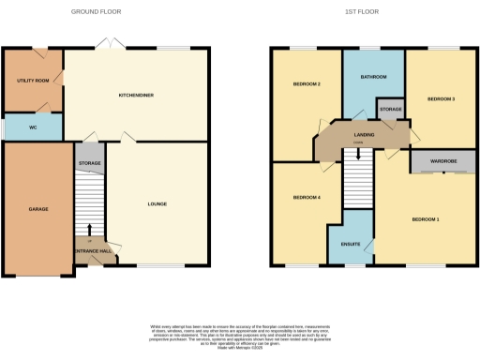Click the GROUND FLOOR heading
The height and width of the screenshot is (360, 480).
point(97,12)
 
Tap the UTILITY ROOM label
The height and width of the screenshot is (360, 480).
point(32,81)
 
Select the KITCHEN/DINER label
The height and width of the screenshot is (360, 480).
point(137,95)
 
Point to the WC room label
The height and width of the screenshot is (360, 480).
point(33,125)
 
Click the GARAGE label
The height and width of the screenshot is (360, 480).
point(37,208)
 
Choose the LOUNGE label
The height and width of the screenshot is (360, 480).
point(157,202)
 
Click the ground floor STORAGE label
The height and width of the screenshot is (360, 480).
point(90,163)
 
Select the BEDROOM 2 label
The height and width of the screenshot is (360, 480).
point(307,84)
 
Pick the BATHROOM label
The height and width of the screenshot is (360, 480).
point(373,77)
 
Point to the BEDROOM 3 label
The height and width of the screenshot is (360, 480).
point(442,98)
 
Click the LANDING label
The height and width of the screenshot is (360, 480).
point(365,135)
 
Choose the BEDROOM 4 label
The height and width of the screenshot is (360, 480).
point(307,197)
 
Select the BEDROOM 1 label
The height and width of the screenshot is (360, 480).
point(427,219)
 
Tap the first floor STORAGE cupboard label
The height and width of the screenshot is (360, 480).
point(391,110)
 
